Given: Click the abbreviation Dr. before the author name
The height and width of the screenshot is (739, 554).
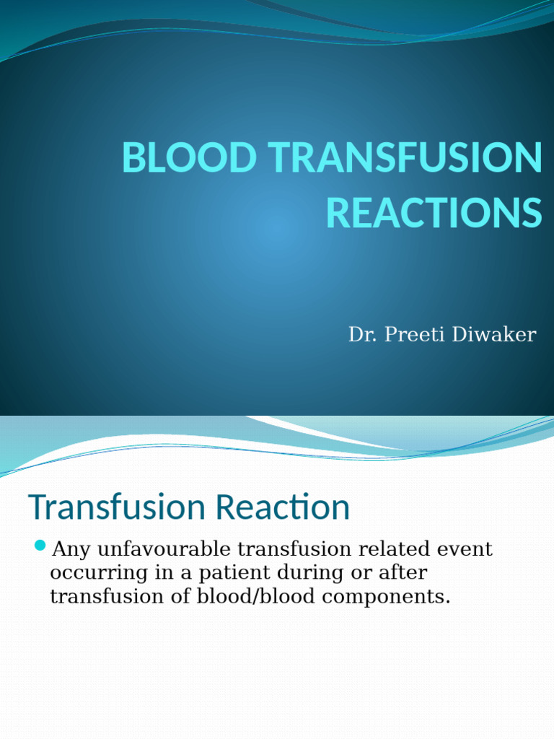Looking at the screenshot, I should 361,335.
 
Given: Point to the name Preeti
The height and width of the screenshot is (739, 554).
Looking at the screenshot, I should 406,335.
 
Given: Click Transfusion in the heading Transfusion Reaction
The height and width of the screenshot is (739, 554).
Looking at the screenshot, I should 107,507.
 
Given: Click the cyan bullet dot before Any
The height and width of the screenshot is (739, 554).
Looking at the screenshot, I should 40,544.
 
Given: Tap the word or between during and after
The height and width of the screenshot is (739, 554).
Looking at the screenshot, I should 348,574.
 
